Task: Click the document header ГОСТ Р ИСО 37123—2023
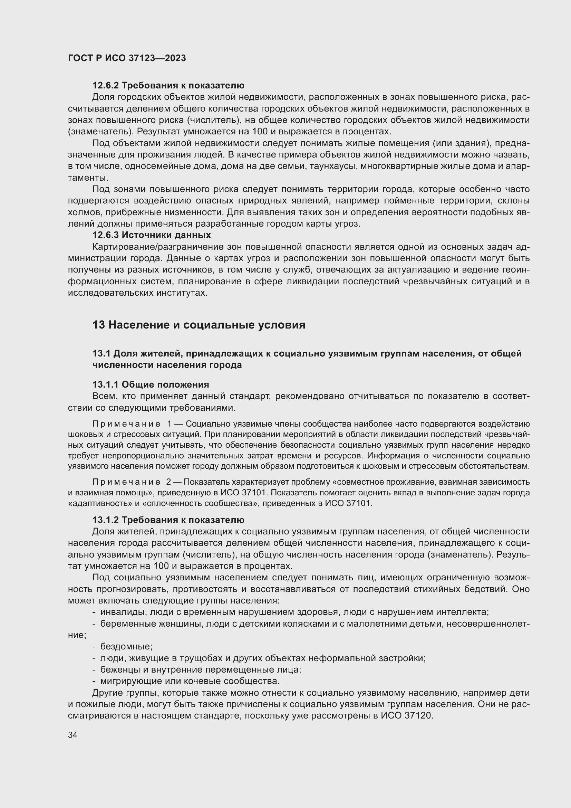127,58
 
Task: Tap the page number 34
72,735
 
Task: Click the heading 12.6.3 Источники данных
152,235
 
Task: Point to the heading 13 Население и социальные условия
199,324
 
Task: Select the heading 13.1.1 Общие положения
151,384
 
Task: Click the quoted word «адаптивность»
90,503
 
